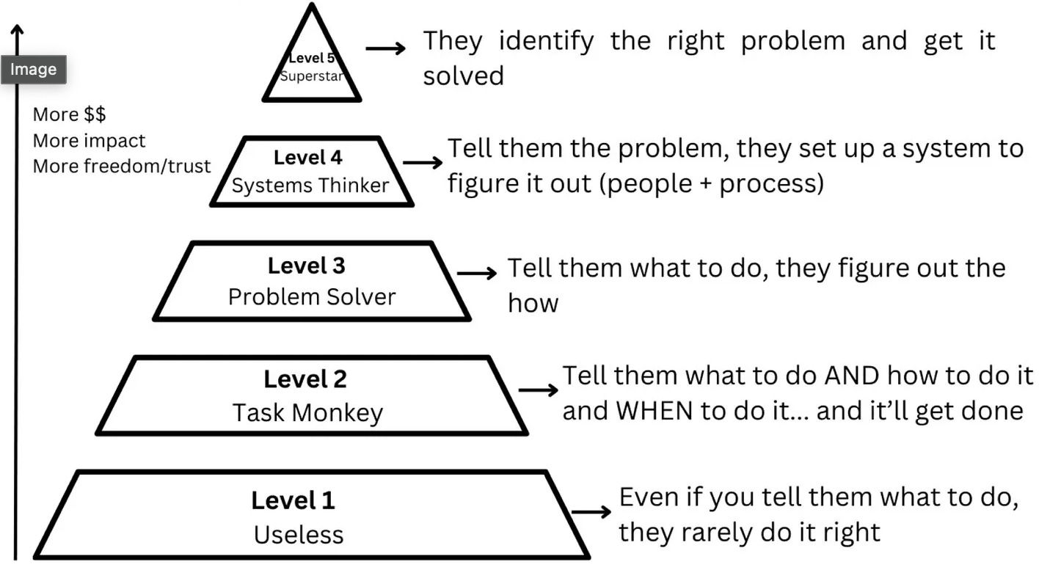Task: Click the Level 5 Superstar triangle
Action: point(312,66)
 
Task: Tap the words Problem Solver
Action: point(312,297)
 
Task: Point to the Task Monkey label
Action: point(307,413)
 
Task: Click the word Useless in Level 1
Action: point(298,535)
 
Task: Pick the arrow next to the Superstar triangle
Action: point(385,48)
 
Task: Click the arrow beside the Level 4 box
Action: point(423,162)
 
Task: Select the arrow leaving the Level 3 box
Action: point(476,273)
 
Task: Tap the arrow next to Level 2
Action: point(538,389)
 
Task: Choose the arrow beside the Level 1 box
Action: point(591,511)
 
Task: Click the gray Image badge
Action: point(33,70)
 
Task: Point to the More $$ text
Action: point(69,114)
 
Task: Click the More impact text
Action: point(89,140)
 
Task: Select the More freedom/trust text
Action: point(121,166)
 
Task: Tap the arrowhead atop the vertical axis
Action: point(18,31)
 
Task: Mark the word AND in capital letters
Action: point(851,376)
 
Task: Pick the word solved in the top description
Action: point(463,76)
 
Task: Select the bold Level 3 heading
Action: point(306,266)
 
